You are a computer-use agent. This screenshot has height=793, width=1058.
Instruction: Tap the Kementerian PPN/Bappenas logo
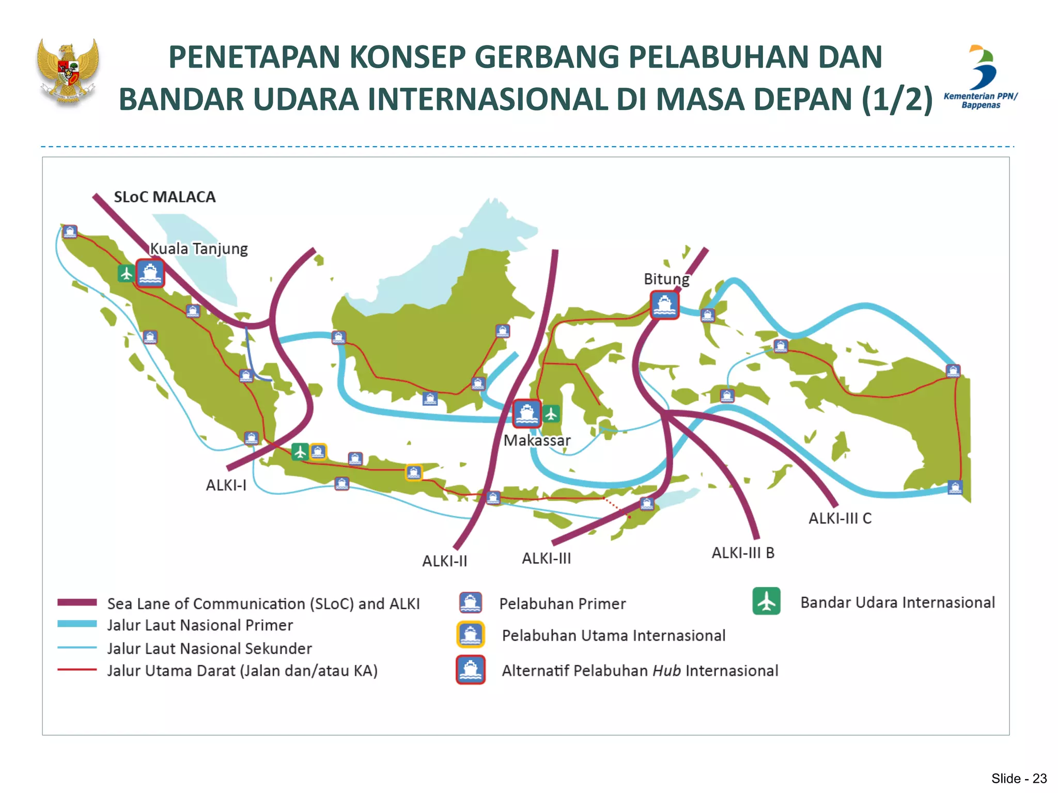(x=981, y=77)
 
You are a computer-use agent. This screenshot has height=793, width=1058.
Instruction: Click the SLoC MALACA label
(x=164, y=197)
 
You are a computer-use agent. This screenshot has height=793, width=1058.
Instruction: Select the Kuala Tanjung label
(x=199, y=249)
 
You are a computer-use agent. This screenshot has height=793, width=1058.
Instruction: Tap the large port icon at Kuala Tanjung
(x=150, y=273)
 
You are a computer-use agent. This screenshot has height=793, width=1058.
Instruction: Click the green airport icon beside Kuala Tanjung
(x=126, y=273)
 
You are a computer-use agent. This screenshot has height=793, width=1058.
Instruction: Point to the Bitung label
(x=666, y=279)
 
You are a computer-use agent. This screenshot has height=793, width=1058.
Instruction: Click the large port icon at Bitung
(x=664, y=305)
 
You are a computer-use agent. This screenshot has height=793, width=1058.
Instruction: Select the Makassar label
(x=537, y=440)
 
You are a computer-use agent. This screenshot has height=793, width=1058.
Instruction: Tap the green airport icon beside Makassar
(x=551, y=414)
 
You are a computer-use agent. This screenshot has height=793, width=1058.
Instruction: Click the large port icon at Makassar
(x=527, y=413)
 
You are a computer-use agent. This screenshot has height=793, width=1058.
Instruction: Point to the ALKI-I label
(x=226, y=485)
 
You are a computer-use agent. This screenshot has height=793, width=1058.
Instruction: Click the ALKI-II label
(x=444, y=561)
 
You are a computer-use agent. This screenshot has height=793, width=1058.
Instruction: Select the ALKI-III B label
(x=743, y=553)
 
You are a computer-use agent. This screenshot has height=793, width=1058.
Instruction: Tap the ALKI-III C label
(x=840, y=518)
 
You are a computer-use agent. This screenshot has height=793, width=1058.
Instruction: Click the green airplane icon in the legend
(x=766, y=601)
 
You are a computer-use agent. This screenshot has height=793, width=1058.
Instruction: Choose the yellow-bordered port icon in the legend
(x=470, y=635)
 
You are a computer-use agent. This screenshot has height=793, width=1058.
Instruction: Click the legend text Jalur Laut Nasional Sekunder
(x=209, y=648)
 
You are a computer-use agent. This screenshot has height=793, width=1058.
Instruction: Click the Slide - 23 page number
(x=1019, y=779)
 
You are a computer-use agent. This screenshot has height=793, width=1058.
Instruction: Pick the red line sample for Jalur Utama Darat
(x=77, y=670)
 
